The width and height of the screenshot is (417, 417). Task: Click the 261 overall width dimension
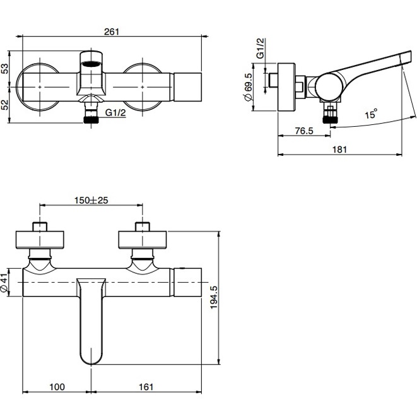[112, 32]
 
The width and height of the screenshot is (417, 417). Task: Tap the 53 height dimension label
[5, 68]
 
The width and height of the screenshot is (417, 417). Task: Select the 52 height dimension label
[5, 105]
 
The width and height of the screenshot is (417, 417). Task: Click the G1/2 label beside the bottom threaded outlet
[115, 113]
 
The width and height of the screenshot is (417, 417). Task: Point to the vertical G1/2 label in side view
[261, 48]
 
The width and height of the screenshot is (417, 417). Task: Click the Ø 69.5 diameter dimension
[248, 87]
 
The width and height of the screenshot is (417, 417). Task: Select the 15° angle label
[371, 114]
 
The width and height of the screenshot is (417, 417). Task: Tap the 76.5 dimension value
[304, 131]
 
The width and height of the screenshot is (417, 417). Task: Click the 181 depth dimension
[339, 150]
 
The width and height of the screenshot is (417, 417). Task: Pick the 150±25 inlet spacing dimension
[91, 200]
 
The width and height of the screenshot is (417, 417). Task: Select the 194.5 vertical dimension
[214, 297]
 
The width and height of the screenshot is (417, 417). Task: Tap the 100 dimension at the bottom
[57, 387]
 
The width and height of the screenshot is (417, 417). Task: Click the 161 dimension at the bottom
[146, 387]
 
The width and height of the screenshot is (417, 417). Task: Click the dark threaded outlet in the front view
[91, 120]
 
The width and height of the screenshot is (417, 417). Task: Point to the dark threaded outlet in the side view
[331, 119]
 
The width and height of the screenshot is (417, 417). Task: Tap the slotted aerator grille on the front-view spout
[91, 63]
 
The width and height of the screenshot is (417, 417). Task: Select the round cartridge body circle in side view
[329, 87]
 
